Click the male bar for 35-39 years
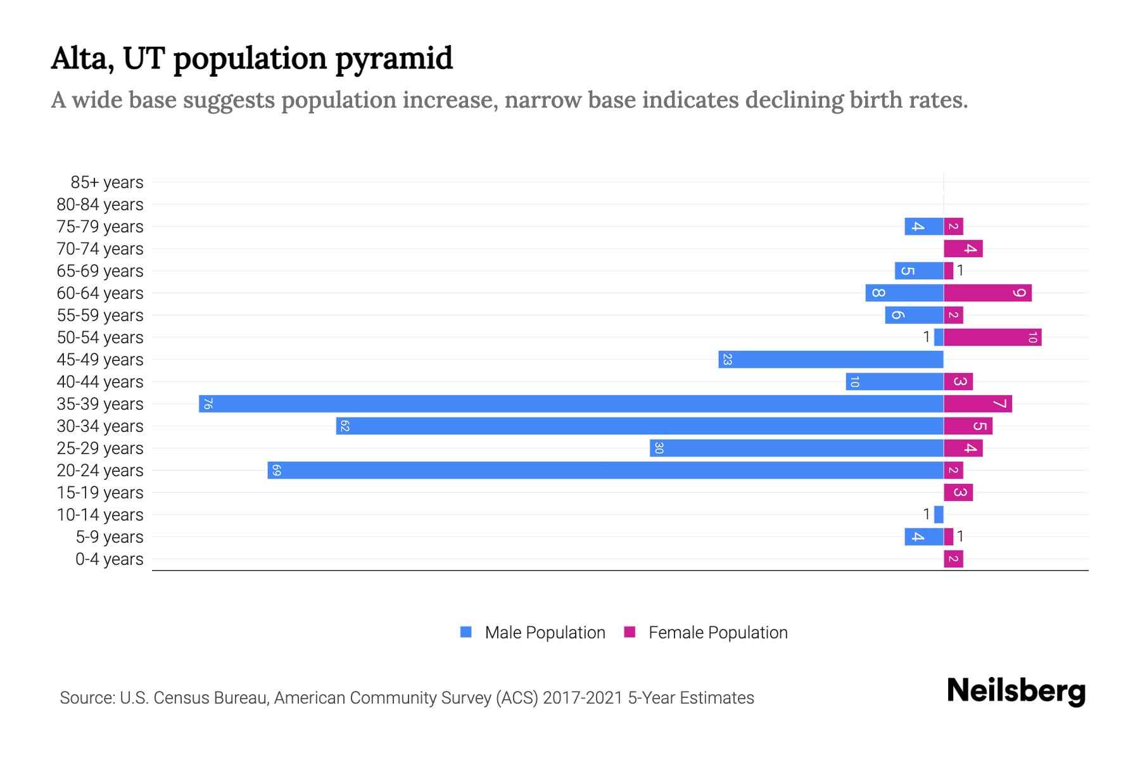[570, 403]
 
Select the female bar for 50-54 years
[992, 337]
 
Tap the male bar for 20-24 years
[605, 470]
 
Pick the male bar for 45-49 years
[830, 359]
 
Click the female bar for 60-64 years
[987, 293]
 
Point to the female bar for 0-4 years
[953, 559]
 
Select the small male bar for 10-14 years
[939, 514]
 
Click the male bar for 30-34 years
[640, 426]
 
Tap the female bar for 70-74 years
[963, 248]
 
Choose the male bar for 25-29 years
[796, 448]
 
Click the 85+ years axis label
[106, 182]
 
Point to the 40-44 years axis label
[100, 382]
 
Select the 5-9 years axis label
[109, 537]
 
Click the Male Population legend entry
[544, 632]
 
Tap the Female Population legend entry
[717, 632]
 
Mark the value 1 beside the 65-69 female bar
[960, 270]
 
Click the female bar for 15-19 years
[958, 492]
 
